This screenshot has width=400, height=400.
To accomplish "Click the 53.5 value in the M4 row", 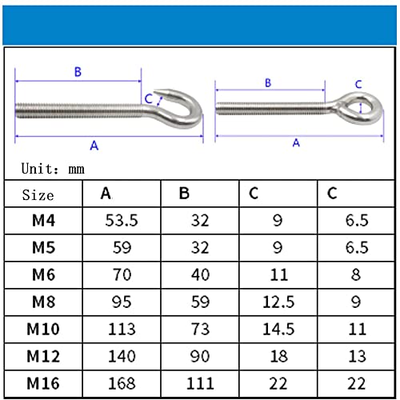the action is pos(122,221).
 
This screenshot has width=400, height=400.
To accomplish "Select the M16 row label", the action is pos(43,383).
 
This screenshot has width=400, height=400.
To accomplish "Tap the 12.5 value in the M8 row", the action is pos(278,302).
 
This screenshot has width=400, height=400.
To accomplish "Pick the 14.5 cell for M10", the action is pos(278,329).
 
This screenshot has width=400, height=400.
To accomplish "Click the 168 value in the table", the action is pos(122,383).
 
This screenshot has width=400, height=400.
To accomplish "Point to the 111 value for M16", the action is pos(200,383).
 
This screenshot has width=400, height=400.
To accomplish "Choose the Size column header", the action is pos(38,194).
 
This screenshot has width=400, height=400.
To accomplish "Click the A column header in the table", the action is pos(106,194).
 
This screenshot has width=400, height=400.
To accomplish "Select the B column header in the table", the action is pos(184,194).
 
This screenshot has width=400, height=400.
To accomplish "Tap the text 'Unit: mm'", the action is pos(53,169).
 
